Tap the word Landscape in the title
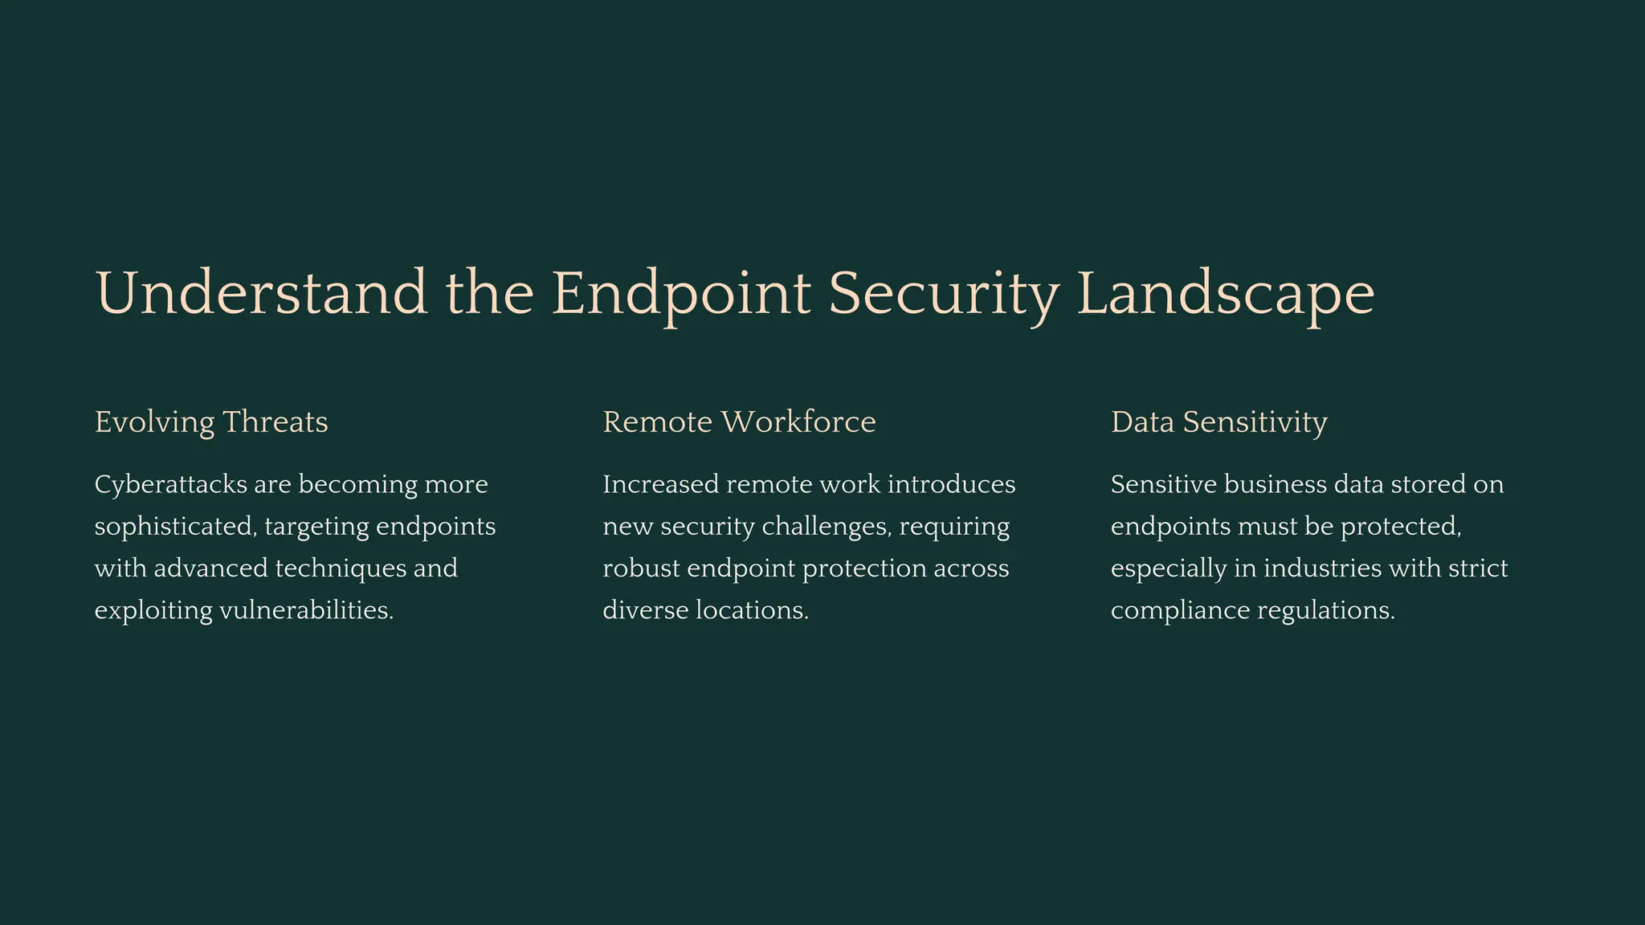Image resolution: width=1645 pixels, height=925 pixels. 1225,293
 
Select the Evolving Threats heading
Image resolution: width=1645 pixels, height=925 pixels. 211,422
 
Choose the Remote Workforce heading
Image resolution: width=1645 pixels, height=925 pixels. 739,422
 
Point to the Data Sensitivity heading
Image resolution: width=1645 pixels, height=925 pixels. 1218,422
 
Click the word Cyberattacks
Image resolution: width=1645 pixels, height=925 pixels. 170,484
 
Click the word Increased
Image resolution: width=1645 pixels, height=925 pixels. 660,484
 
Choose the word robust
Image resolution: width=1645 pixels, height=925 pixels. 641,568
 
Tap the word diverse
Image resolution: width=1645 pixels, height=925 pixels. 645,610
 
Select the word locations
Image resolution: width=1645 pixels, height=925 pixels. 752,610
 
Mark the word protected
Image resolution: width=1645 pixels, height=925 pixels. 1401,527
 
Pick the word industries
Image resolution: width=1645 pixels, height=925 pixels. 1322,568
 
